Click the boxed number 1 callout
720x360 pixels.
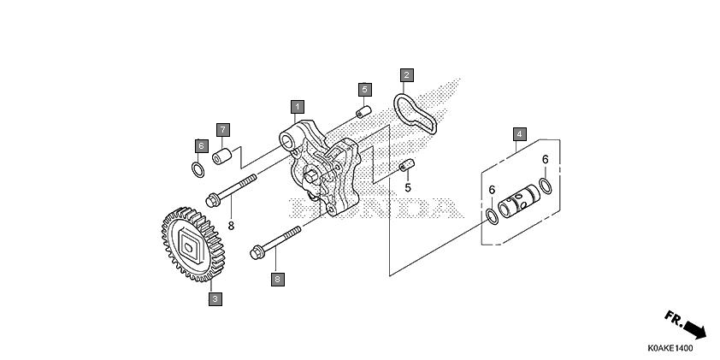coord(297,107)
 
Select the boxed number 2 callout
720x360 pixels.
coord(406,75)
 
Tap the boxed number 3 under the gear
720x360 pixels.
coord(215,299)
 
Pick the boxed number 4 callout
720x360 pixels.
coord(519,134)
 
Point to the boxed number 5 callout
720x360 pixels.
coord(364,89)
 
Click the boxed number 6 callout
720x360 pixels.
coord(201,146)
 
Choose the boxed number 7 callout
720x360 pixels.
coord(222,130)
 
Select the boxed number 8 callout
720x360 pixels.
coord(278,279)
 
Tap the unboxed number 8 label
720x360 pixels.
coord(231,226)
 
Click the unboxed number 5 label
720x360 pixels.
coord(408,188)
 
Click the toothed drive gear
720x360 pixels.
coord(193,245)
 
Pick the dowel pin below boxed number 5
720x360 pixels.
coord(364,111)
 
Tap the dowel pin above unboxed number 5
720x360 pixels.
coord(407,165)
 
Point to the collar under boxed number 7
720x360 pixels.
coord(222,156)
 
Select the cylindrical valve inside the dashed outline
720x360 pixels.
coord(519,200)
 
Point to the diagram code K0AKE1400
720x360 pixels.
coord(670,349)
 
